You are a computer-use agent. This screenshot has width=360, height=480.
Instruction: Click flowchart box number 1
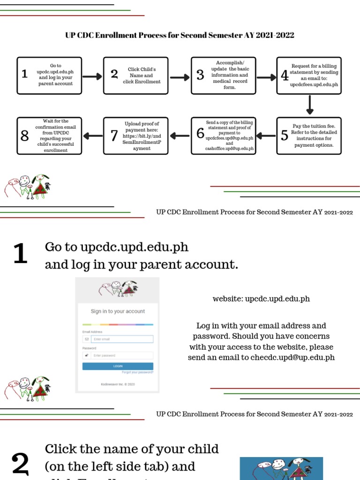49,75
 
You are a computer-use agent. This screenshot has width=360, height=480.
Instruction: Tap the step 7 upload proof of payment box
135,135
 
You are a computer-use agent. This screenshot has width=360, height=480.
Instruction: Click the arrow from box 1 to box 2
92,76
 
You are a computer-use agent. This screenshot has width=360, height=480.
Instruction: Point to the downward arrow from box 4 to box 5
309,105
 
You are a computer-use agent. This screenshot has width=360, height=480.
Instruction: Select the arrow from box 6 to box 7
180,136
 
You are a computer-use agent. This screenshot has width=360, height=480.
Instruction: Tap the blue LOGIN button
118,366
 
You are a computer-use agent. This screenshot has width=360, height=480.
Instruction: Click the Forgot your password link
137,372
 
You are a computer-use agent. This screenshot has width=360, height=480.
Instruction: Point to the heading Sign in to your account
118,311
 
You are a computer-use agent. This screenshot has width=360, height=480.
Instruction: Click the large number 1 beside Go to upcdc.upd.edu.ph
20,254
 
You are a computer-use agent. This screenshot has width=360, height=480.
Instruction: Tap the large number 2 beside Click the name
20,464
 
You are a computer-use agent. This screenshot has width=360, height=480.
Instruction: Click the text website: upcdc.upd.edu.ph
261,299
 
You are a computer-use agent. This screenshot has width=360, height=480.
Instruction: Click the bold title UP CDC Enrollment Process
180,35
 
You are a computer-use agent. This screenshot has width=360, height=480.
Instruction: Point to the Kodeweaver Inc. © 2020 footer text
118,384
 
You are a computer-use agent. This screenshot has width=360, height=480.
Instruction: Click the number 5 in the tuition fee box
285,135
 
